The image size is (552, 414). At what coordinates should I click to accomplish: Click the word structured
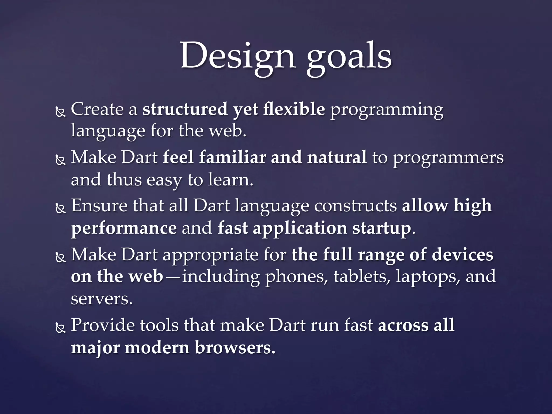point(185,109)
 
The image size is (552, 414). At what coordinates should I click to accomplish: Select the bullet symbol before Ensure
point(61,209)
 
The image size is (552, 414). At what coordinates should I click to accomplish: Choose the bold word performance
point(124,229)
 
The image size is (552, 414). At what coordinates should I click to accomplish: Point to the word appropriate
point(210,255)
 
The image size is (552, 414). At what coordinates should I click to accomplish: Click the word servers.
point(102,299)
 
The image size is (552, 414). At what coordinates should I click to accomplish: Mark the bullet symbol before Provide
point(61,328)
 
